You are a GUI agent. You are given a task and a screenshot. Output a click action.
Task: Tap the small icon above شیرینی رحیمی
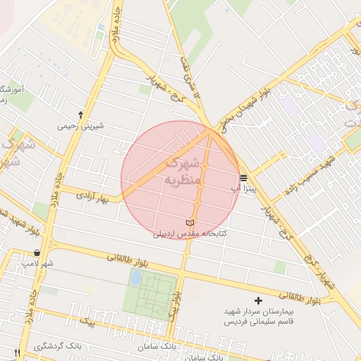(81, 114)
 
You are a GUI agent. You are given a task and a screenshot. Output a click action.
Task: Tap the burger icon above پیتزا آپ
(243, 178)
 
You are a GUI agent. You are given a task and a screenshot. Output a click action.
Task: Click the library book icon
(189, 223)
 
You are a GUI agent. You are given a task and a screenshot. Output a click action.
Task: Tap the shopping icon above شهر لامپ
(37, 252)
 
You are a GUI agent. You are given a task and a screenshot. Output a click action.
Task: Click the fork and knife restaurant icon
(17, 352)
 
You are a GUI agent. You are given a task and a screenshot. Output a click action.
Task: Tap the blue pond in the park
(135, 278)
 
